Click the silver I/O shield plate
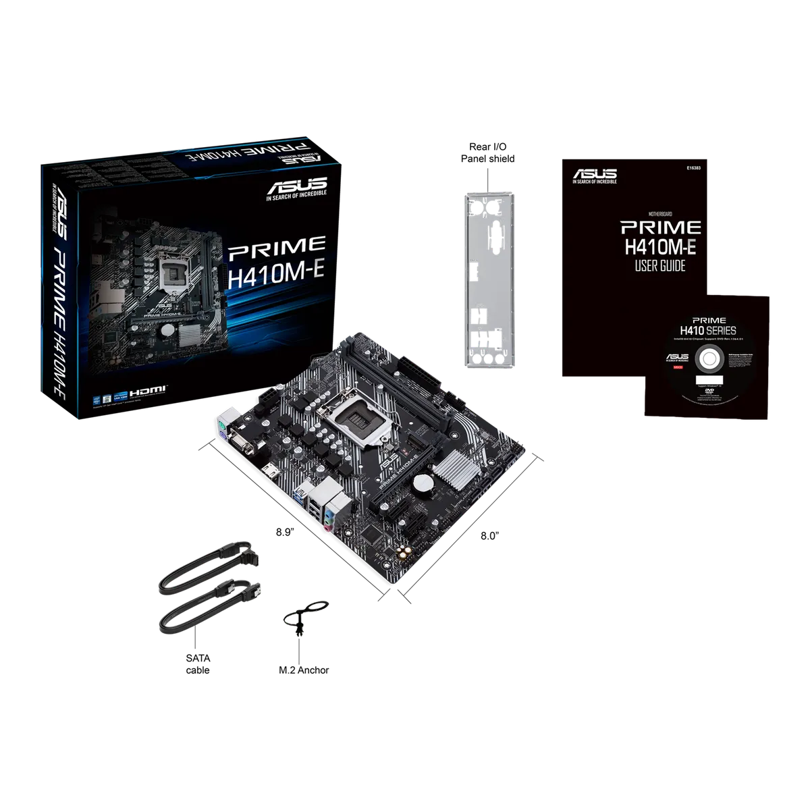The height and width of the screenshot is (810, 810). click(490, 280)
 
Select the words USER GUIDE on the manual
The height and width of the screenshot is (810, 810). click(659, 266)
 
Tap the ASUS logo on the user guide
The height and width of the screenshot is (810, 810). click(595, 175)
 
